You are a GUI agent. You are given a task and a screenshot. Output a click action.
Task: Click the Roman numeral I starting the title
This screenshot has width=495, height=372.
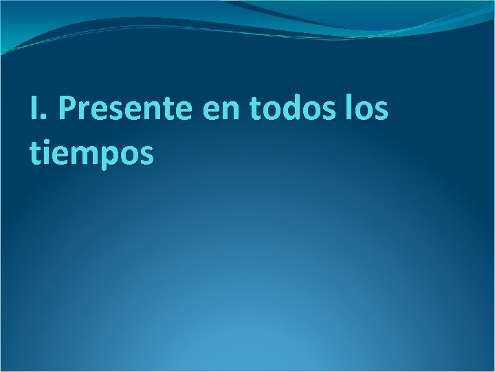34,109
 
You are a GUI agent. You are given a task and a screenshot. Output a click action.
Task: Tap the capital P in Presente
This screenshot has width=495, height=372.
67,109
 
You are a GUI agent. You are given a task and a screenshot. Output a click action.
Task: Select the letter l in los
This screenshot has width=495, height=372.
352,108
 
